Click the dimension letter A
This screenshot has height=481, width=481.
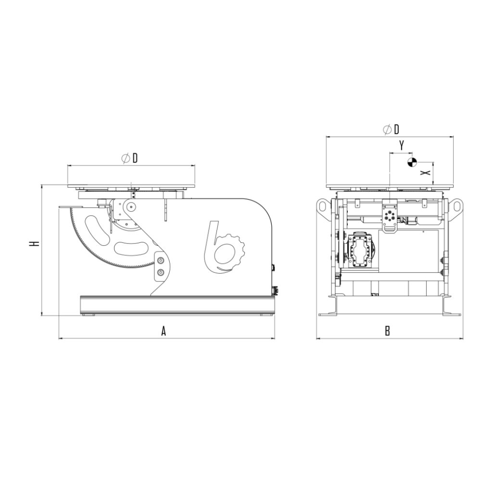[164, 331]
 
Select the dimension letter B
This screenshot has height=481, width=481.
[387, 331]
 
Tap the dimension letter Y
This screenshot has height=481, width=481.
[402, 145]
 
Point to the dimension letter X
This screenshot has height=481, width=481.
[425, 173]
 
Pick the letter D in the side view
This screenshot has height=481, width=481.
[135, 158]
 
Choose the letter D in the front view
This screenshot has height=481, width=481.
[396, 129]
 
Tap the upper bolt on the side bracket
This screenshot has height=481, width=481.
[160, 260]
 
